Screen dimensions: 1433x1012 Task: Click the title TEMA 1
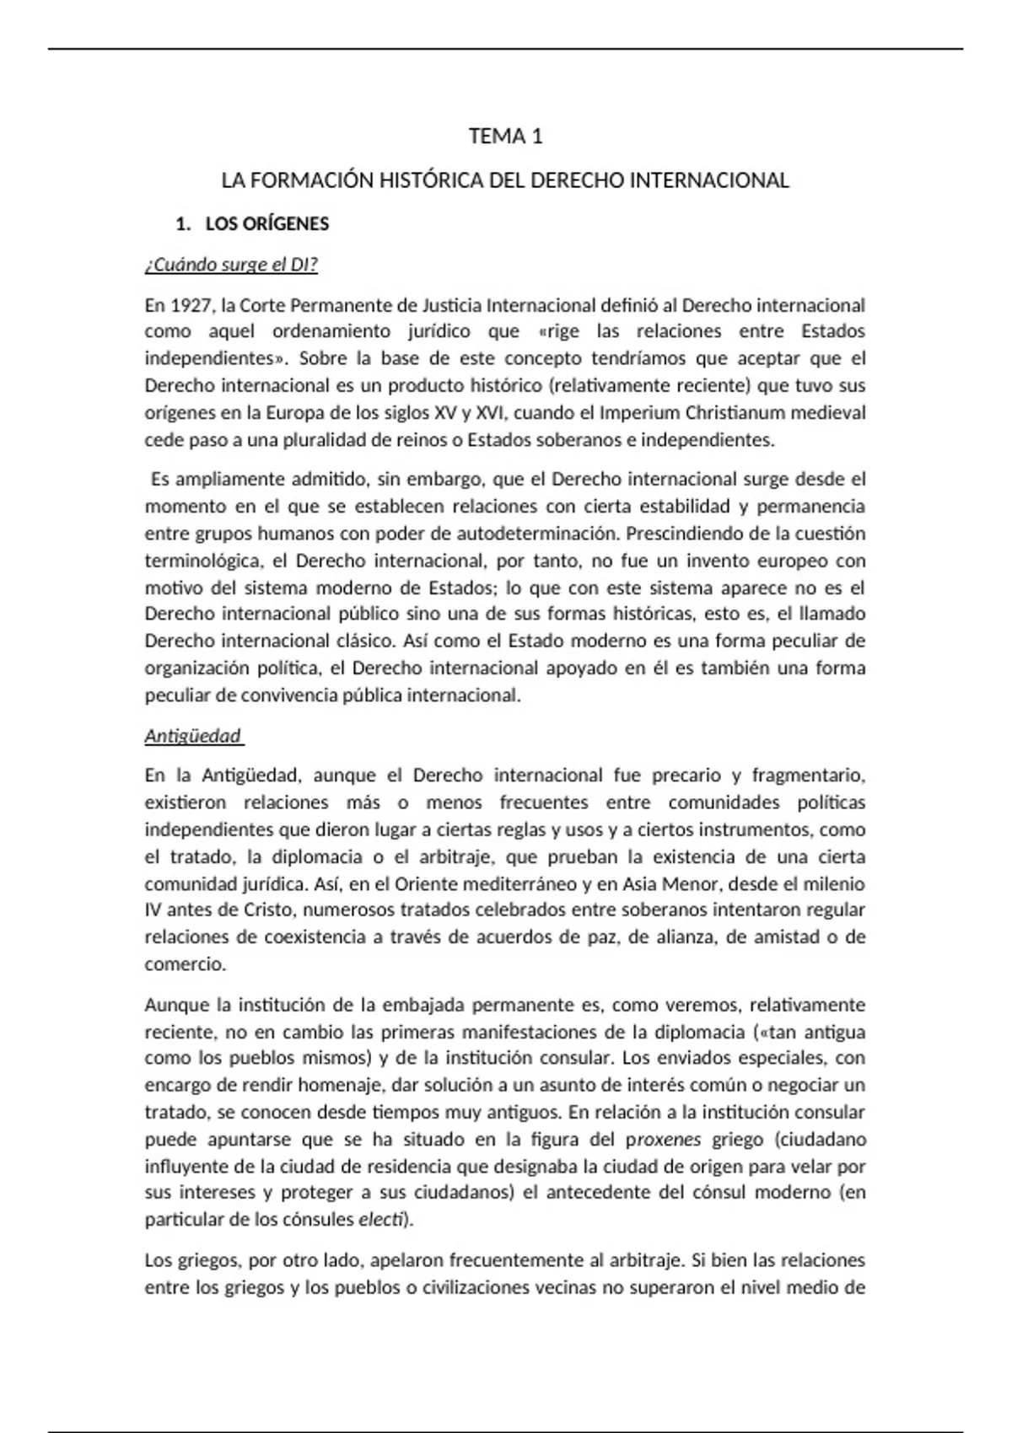(505, 137)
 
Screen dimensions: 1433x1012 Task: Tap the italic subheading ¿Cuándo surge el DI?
(231, 266)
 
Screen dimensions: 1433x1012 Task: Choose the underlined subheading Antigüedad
(193, 736)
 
